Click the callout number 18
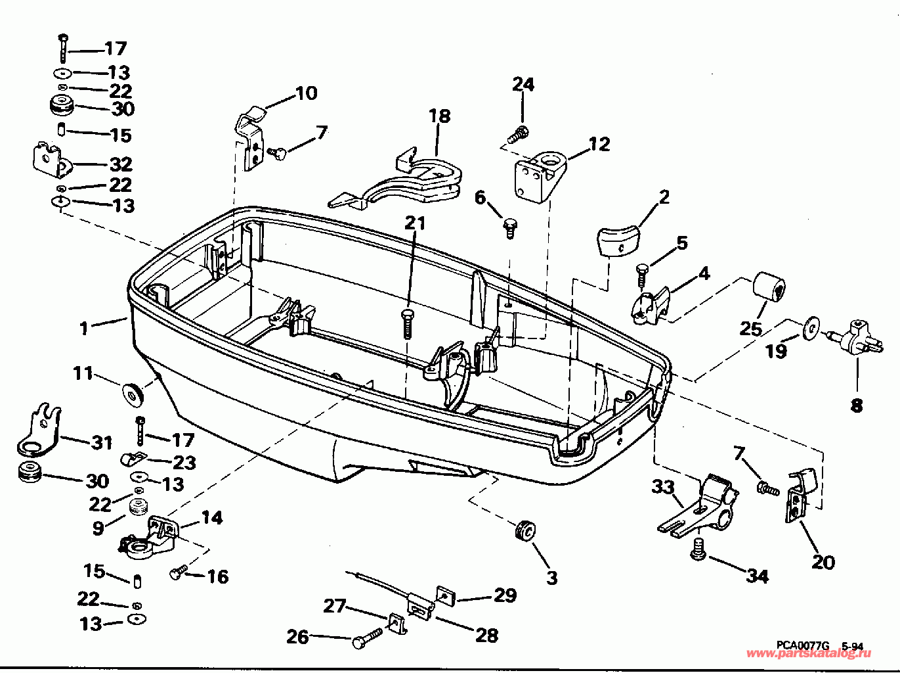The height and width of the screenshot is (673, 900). (440, 116)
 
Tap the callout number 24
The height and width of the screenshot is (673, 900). (523, 85)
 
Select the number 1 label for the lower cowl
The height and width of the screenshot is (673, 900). (83, 329)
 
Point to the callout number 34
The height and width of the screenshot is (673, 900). (758, 576)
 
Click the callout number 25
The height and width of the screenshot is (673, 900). (751, 329)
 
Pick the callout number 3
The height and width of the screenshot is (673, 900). (552, 578)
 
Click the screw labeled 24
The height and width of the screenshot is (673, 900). (518, 135)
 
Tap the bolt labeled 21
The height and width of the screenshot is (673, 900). (407, 323)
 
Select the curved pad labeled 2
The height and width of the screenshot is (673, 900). (618, 242)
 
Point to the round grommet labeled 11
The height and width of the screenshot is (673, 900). (133, 394)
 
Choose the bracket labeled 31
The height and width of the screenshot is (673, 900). (37, 429)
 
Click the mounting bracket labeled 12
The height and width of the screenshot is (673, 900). (539, 177)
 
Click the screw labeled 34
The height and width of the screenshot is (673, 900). (697, 549)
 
